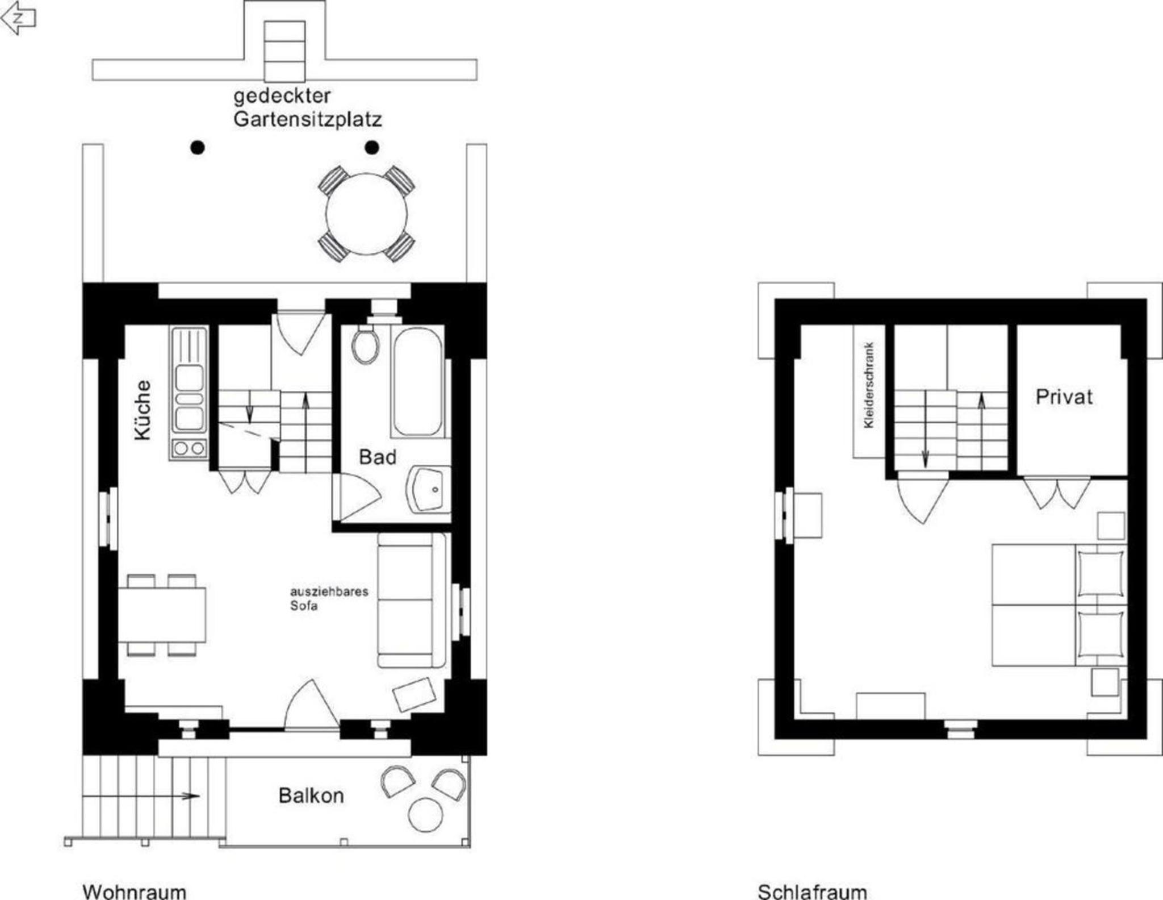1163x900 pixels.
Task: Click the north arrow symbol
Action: click(18, 18)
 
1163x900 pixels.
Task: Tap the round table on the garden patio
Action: click(366, 214)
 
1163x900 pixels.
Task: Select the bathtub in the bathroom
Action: click(417, 381)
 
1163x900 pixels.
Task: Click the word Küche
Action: click(143, 410)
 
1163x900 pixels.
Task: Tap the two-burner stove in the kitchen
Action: click(189, 448)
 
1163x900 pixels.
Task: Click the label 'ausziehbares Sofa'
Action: click(329, 598)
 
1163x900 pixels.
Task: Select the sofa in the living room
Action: click(412, 600)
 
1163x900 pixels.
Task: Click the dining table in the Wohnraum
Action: click(162, 615)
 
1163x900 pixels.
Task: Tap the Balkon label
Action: click(311, 795)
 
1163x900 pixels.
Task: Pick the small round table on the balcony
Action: click(425, 815)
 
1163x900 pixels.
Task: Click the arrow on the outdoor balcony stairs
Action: click(141, 796)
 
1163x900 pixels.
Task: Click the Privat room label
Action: click(1064, 397)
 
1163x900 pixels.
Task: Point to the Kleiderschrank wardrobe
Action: click(869, 391)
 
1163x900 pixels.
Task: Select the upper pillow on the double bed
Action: click(1101, 572)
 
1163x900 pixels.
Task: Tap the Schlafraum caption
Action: click(812, 891)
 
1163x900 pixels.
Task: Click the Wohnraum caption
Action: click(135, 891)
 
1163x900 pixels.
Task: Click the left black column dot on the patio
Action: click(197, 148)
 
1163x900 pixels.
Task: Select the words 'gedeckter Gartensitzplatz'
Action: click(307, 107)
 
